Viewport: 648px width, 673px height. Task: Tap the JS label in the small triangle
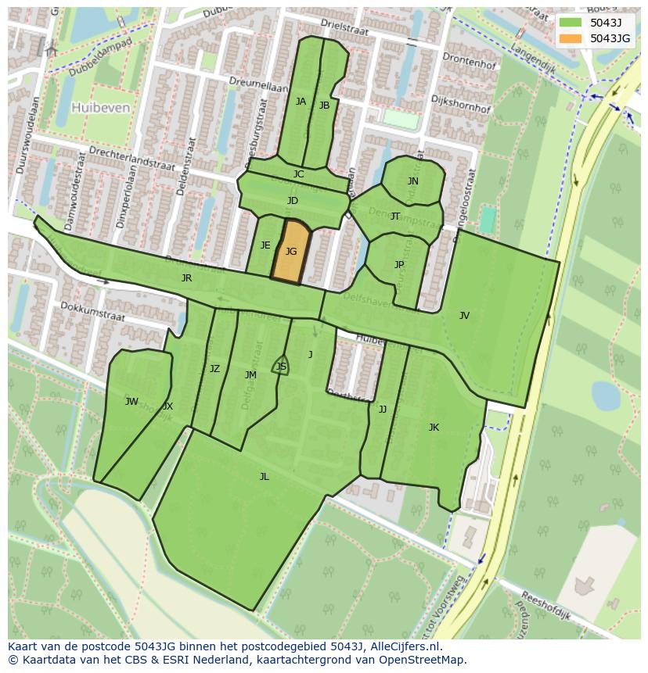(x=281, y=367)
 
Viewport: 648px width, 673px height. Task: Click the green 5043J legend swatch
(x=571, y=22)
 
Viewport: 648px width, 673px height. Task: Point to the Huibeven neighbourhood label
(x=100, y=108)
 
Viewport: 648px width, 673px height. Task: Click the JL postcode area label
(x=265, y=477)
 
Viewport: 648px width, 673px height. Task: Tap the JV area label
(x=464, y=316)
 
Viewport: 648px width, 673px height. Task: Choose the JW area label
(x=131, y=402)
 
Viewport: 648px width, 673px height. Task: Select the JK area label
(x=434, y=428)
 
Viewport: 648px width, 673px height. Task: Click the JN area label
(x=413, y=181)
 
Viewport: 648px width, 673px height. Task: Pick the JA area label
(x=301, y=102)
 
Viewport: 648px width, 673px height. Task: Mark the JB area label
(x=324, y=106)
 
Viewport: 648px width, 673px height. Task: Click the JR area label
(x=186, y=278)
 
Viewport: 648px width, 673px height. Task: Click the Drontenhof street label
(x=469, y=61)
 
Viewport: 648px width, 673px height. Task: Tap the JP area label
(x=399, y=265)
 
